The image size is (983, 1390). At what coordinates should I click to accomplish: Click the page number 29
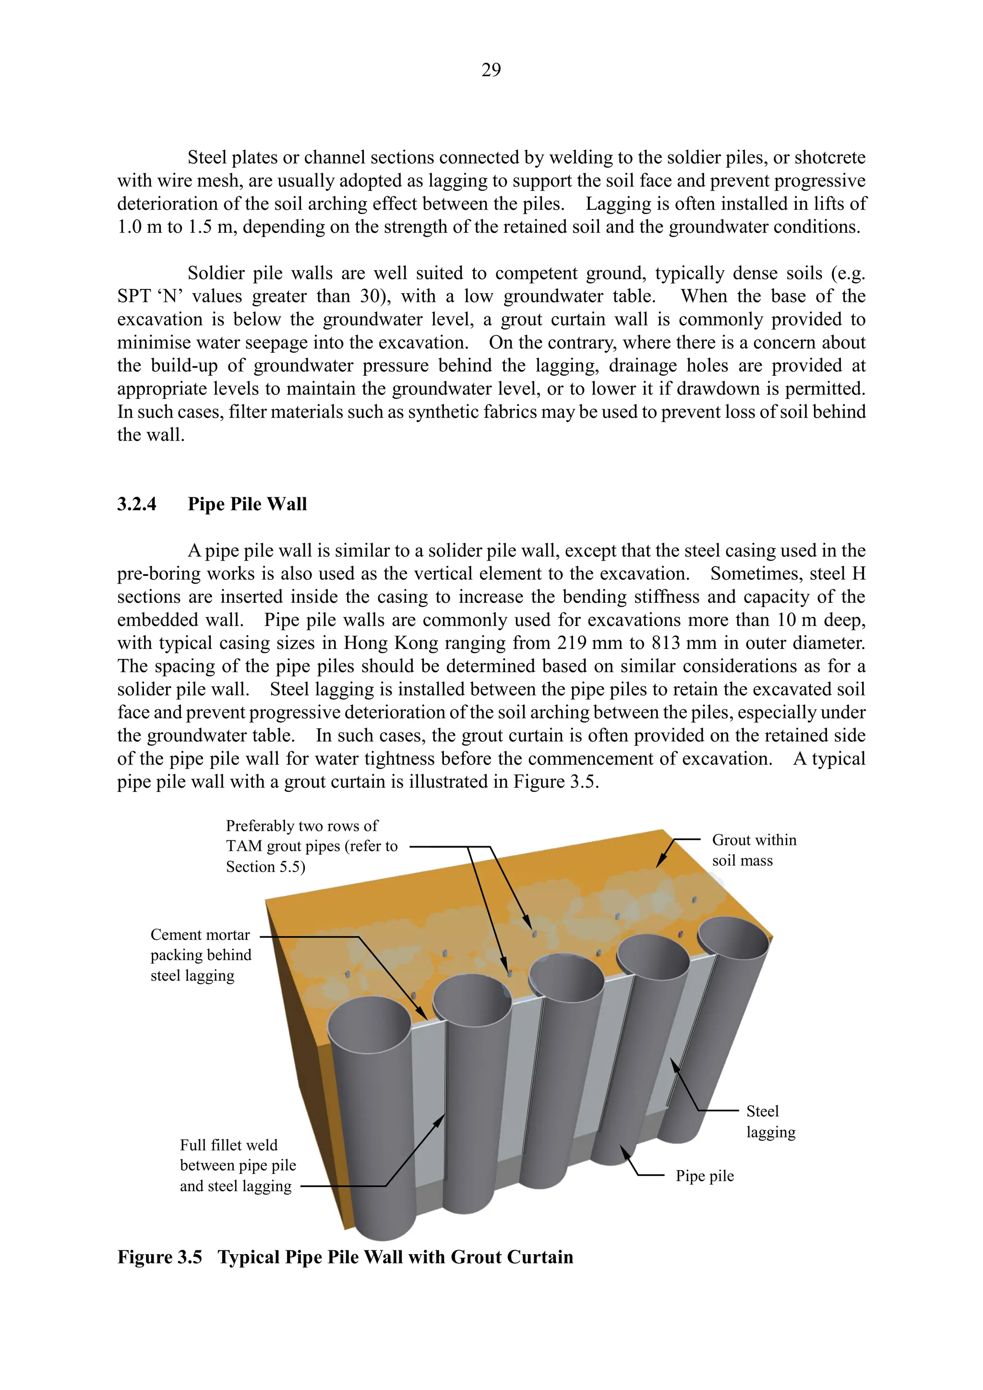491,70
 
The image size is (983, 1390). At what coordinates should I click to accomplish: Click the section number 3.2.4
137,504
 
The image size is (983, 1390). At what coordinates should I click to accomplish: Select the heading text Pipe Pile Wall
247,504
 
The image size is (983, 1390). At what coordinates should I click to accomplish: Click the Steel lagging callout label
770,1122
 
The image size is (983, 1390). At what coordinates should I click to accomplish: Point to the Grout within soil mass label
754,850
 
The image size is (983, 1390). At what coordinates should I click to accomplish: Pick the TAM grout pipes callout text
311,846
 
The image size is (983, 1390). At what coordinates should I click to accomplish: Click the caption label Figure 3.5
160,1258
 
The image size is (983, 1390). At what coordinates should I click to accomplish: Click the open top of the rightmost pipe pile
733,938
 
